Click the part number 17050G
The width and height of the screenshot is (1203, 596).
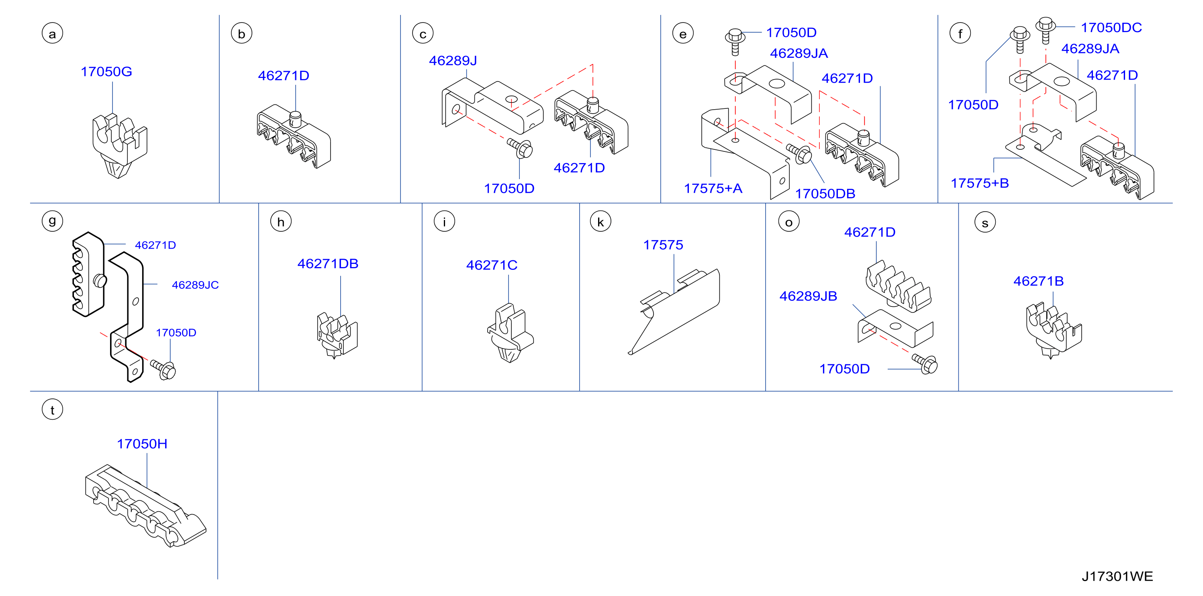[106, 71]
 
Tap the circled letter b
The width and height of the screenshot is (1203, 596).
[241, 34]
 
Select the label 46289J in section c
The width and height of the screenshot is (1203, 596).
[453, 61]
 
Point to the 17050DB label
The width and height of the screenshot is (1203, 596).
[825, 194]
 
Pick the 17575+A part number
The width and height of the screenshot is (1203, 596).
[713, 189]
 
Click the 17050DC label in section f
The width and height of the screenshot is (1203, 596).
[1111, 28]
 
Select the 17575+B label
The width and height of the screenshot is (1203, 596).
[980, 183]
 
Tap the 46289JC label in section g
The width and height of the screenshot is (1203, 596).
[195, 285]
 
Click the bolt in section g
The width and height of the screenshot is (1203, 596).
[163, 369]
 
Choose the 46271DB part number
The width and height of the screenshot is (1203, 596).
[328, 264]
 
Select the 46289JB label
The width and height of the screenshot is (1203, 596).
[809, 296]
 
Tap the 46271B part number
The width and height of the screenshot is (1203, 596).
[1039, 281]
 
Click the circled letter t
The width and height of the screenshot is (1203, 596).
[52, 410]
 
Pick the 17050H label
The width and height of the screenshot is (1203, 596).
[142, 444]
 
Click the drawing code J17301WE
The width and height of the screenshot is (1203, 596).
[1117, 576]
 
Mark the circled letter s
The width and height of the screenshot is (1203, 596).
[985, 222]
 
